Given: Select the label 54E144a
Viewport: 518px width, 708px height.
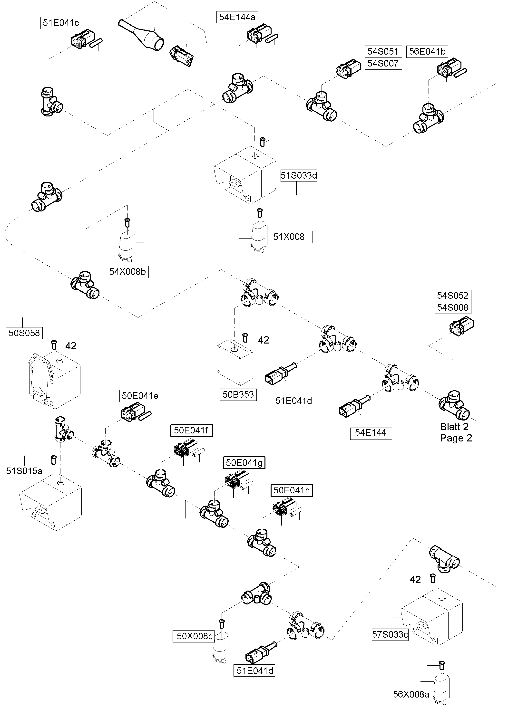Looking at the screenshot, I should point(237,17).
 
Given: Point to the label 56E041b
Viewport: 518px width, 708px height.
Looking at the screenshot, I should point(427,51).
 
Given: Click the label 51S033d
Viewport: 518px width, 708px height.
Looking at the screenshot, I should point(299,175).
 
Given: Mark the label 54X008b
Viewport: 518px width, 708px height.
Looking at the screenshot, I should point(127,272).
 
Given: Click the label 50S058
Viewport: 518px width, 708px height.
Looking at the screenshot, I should point(24,333).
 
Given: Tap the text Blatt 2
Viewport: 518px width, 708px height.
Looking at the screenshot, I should point(454,427).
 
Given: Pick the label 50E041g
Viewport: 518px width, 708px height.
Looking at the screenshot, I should point(244,463).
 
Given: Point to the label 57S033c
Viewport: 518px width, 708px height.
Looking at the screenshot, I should point(390,635).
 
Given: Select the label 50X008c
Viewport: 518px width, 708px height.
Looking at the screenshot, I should point(195,636).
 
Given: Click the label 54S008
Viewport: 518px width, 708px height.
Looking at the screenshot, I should point(452,307).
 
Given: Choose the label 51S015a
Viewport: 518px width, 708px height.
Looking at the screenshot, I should point(24,471).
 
